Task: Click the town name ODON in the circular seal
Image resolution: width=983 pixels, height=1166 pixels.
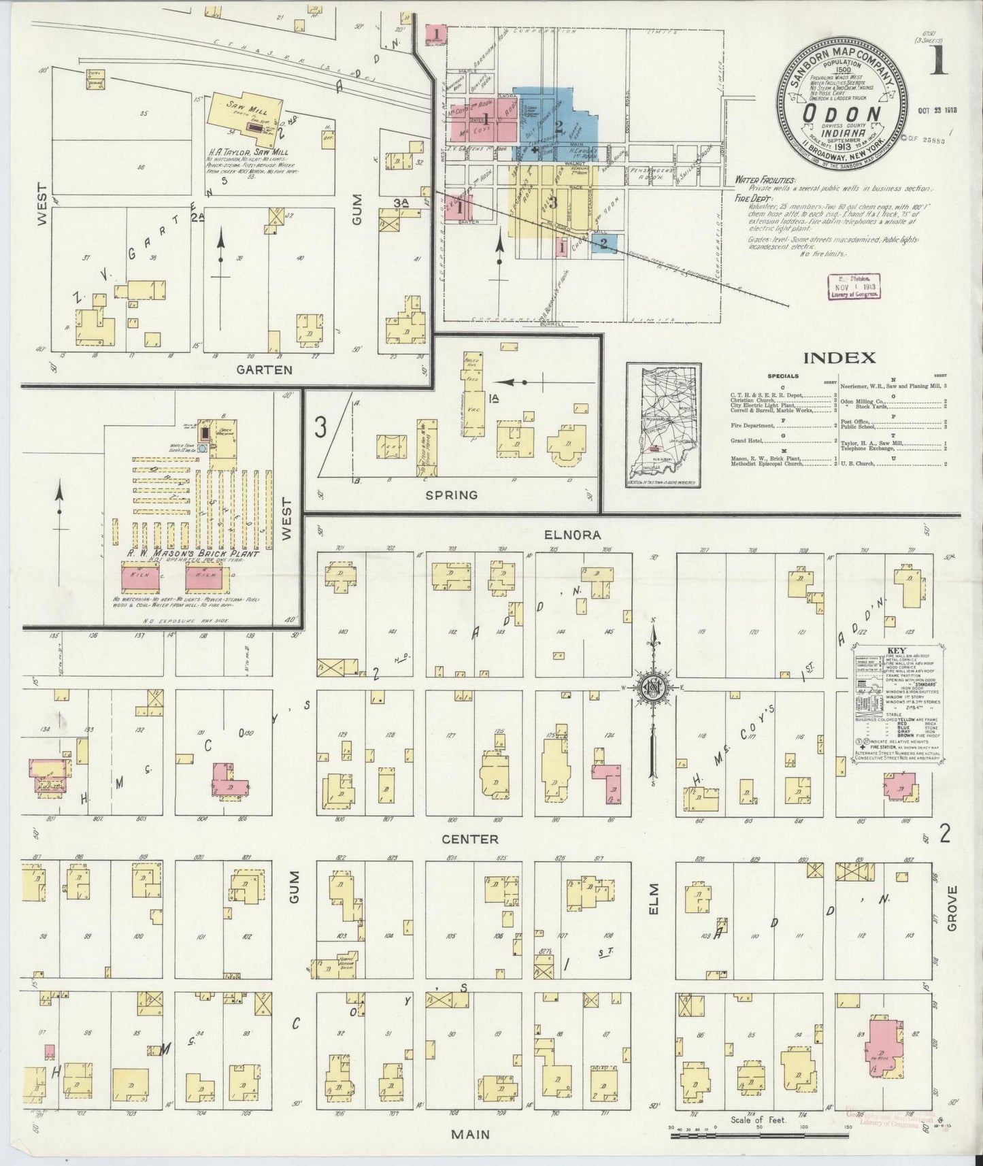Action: (x=842, y=114)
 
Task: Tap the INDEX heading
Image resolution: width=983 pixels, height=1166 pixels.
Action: (x=839, y=357)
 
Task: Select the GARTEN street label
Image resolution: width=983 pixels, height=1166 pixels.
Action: (x=264, y=370)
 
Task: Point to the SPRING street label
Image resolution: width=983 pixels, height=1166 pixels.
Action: (x=451, y=495)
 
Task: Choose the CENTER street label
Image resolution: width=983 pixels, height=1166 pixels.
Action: (x=470, y=839)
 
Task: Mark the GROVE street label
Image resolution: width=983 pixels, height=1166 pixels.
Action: (x=951, y=908)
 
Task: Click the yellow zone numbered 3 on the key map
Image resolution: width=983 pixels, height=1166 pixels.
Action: (x=553, y=202)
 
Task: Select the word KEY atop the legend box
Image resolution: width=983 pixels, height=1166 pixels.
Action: (x=896, y=650)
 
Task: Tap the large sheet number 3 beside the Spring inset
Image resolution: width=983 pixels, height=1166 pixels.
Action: (x=321, y=428)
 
